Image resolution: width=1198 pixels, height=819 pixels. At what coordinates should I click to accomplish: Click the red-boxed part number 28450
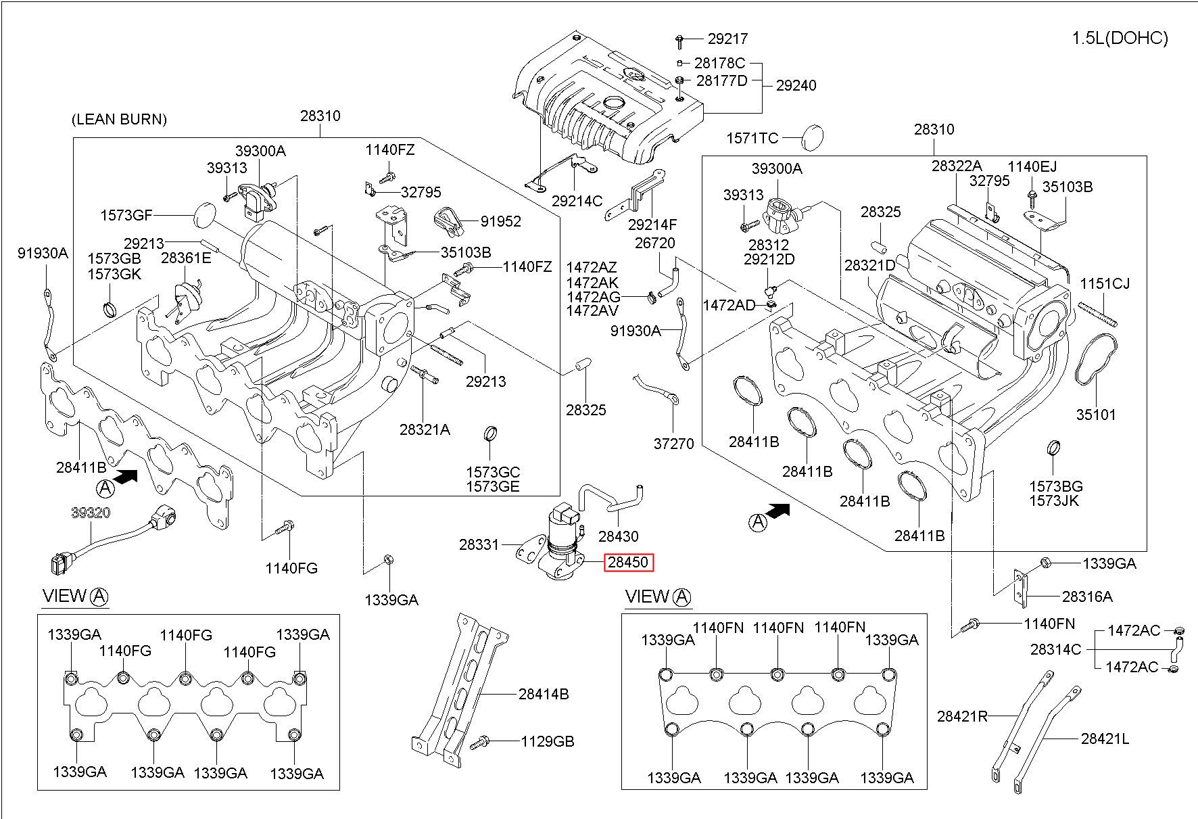(x=629, y=563)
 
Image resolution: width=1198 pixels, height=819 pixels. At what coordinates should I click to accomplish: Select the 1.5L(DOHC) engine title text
(x=1120, y=38)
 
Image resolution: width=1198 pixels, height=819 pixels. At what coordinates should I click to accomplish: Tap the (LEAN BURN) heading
(x=119, y=120)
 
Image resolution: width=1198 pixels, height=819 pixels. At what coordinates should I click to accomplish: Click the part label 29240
(x=796, y=85)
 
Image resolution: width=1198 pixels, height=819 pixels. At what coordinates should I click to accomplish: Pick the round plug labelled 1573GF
(x=203, y=215)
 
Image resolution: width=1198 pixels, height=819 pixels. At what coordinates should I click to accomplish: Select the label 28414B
(x=544, y=694)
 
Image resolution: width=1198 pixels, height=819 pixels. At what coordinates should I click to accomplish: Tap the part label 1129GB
(x=547, y=741)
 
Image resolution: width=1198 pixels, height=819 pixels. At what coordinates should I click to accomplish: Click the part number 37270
(x=673, y=444)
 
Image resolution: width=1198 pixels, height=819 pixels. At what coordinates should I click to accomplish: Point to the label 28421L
(x=1105, y=739)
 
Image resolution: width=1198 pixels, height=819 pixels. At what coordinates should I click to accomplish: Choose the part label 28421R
(x=962, y=716)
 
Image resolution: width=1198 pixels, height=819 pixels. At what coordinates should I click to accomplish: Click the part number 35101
(x=1096, y=415)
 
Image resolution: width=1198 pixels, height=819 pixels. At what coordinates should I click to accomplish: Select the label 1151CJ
(x=1105, y=283)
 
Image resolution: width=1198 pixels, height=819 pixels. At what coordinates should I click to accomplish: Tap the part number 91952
(x=501, y=221)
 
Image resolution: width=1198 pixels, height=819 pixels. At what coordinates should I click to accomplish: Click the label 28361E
(x=186, y=258)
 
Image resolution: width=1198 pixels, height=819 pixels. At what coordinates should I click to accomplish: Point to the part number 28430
(x=618, y=536)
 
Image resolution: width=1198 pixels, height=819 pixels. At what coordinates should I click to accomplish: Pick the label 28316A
(x=1087, y=596)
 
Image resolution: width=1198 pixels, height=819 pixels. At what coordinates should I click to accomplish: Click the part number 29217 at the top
(x=728, y=39)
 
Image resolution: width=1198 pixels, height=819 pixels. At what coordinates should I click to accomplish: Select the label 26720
(x=654, y=243)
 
